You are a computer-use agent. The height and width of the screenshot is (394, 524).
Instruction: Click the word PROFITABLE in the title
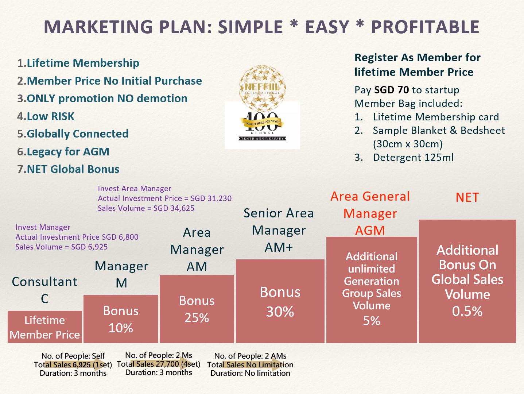pos(425,27)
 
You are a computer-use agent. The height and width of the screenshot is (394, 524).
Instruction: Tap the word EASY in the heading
pos(327,27)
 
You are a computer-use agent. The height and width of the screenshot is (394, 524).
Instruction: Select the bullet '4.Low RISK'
pos(46,116)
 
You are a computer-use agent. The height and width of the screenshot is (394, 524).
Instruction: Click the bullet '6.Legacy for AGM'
pos(63,152)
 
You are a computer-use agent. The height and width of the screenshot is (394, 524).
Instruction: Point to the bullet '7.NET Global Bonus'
pos(68,169)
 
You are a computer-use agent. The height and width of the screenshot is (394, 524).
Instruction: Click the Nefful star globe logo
pos(262,88)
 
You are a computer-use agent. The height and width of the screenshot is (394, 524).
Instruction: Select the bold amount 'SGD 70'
pos(392,90)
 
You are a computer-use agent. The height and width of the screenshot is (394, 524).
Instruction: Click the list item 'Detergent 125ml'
pos(413,158)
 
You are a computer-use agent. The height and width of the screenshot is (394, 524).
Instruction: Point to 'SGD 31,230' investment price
pos(211,198)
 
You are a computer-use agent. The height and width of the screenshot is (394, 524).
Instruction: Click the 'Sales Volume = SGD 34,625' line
pos(146,208)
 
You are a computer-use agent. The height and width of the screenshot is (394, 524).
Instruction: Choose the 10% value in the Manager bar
pos(121,328)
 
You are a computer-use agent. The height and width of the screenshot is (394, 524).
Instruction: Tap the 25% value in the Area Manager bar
pos(197,318)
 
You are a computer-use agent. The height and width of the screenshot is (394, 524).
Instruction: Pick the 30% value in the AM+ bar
pos(280,312)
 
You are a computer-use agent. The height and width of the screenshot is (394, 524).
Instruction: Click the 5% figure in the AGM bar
pos(372,321)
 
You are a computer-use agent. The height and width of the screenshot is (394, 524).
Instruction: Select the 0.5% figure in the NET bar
pos(467,311)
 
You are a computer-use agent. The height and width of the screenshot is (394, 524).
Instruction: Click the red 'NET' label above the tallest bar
pos(467,197)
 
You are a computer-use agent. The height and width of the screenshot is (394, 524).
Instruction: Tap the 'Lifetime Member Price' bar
pos(44,327)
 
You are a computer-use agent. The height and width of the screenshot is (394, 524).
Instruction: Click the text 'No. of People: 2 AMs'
pos(250,356)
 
